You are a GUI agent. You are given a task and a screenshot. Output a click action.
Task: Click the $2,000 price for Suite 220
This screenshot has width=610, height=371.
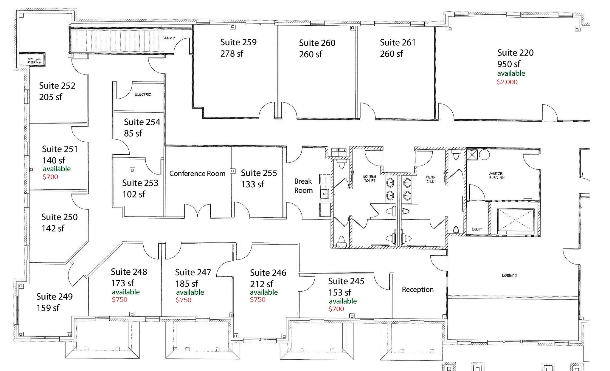click(x=507, y=82)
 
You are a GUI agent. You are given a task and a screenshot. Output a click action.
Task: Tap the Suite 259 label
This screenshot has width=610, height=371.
click(x=238, y=42)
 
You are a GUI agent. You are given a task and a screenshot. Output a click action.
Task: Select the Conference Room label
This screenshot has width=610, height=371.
click(x=197, y=174)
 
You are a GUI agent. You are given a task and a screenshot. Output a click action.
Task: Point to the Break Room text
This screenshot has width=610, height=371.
click(x=303, y=186)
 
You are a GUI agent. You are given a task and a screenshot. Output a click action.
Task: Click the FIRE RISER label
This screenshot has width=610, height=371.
click(x=32, y=61)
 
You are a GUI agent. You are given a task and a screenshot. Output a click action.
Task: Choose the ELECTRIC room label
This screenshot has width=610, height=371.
click(x=143, y=94)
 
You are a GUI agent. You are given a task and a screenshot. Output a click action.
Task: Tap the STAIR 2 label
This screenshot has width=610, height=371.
click(x=169, y=38)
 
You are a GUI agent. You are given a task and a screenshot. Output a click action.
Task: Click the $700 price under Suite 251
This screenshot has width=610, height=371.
click(x=50, y=177)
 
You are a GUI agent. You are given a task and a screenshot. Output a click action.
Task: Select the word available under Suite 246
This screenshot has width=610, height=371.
click(x=264, y=292)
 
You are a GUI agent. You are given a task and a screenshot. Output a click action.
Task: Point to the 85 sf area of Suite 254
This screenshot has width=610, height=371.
click(x=133, y=133)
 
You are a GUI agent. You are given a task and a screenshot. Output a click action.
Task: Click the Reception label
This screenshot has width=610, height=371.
click(x=418, y=290)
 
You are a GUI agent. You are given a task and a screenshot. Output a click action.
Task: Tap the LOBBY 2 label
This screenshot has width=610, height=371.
click(x=510, y=275)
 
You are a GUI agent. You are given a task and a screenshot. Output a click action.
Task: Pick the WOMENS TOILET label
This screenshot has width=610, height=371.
click(x=370, y=179)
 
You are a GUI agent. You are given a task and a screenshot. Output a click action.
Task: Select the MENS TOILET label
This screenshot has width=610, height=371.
click(x=431, y=179)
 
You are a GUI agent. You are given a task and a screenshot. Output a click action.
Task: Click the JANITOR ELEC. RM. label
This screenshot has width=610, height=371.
click(x=497, y=175)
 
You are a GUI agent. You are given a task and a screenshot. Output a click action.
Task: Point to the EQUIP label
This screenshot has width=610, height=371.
click(x=477, y=229)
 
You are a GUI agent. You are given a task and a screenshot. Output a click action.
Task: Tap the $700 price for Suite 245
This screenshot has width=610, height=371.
click(x=336, y=309)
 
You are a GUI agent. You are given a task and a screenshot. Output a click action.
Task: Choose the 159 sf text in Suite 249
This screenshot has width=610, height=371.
click(x=48, y=308)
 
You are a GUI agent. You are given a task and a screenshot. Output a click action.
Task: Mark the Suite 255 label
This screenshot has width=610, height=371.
click(x=259, y=173)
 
